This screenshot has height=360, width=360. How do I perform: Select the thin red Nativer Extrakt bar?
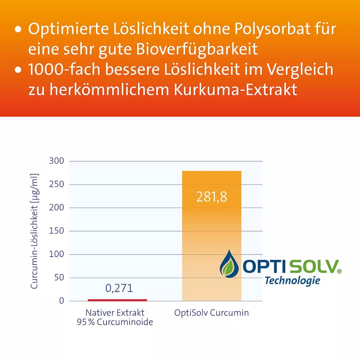pos(117,300)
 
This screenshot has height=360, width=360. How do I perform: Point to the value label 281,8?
pos(212,197)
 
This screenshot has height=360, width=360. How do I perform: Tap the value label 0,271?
pos(119,288)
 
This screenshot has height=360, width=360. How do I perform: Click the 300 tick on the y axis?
pos(57,161)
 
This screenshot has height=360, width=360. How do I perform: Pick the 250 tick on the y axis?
pos(57,184)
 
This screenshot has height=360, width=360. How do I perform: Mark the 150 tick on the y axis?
pos(57,231)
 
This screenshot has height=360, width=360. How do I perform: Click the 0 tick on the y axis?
pos(61,301)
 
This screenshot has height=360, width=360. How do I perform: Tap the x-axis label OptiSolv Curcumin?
pos(212,312)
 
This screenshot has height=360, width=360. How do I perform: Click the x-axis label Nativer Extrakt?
pos(115,312)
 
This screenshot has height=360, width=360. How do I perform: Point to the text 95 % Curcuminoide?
pos(115,322)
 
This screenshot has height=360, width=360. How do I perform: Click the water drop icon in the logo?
pos(229,265)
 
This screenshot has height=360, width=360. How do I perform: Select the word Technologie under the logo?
pos(292,280)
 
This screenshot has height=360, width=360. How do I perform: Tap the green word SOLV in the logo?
pos(313,267)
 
